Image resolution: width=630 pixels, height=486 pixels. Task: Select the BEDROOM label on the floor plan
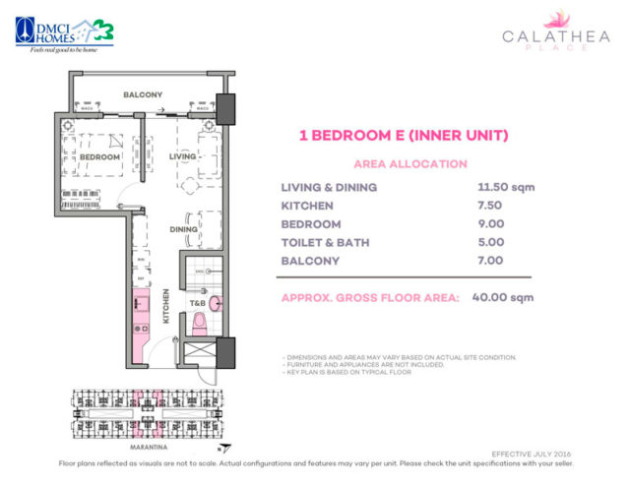point(99,157)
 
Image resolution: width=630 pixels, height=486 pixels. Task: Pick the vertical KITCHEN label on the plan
point(167,305)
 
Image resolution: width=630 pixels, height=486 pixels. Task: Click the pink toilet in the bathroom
point(199,322)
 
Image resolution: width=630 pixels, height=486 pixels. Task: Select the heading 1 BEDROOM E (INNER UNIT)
point(403,137)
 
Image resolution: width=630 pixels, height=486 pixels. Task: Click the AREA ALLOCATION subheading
point(404,164)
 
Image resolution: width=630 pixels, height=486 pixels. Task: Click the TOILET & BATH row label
point(329,241)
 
